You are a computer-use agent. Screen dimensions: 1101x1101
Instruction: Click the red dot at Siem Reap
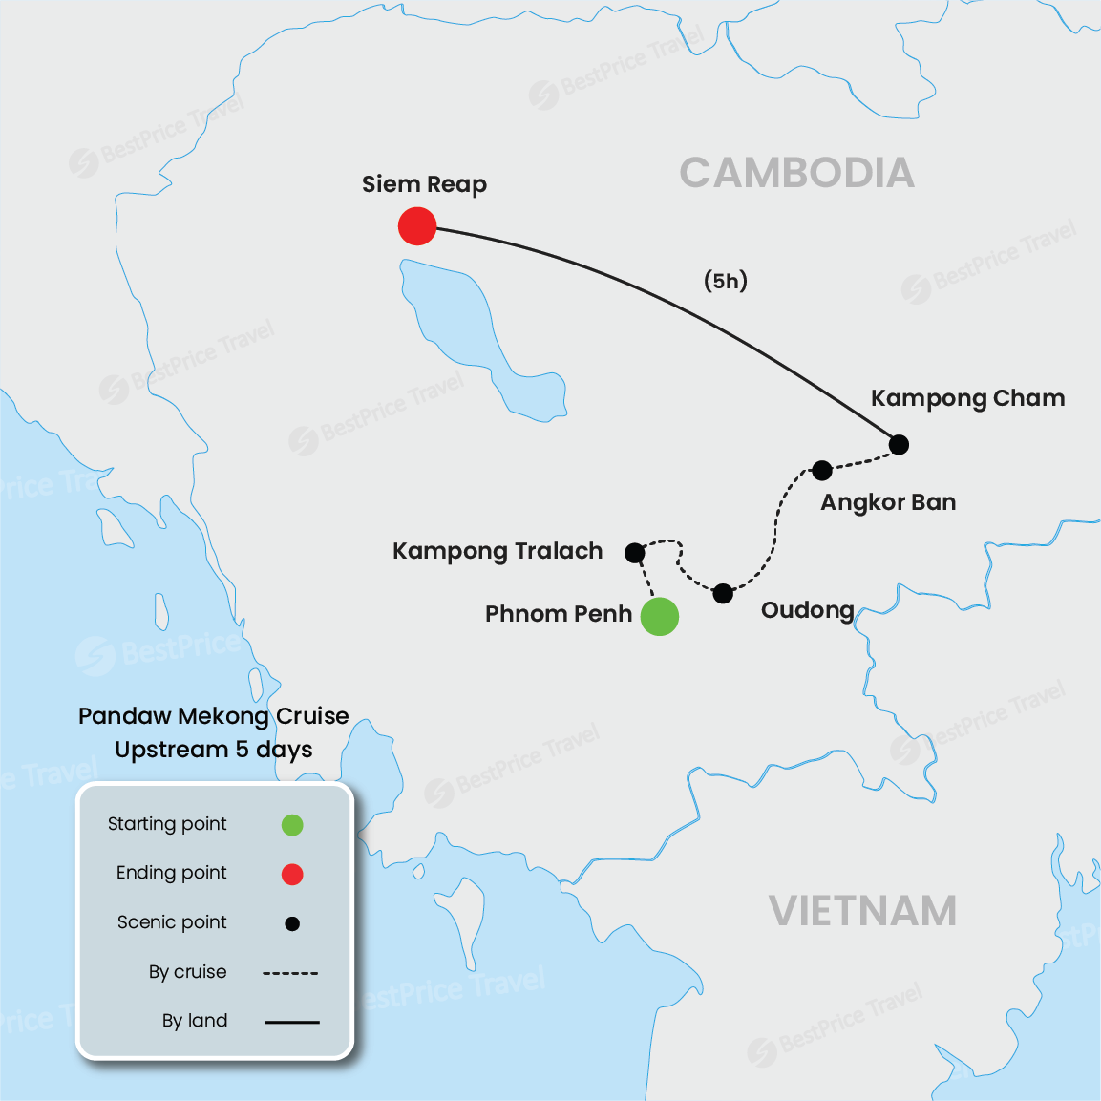click(417, 226)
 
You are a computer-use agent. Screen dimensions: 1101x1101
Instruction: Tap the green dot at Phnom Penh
click(659, 616)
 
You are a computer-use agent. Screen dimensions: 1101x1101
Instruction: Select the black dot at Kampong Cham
click(899, 444)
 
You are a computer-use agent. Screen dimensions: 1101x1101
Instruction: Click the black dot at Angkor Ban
click(822, 470)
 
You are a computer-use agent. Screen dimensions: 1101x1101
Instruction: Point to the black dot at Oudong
click(723, 594)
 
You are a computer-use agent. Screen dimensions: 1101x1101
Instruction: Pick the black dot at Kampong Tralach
click(634, 553)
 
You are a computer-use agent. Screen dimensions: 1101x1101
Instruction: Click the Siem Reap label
click(424, 184)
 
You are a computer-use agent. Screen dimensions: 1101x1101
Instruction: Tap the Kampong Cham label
click(967, 398)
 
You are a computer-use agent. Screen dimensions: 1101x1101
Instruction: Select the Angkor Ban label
click(888, 502)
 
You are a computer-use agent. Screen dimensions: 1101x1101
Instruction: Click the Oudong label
click(807, 610)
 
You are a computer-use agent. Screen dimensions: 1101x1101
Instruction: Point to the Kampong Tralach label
click(498, 551)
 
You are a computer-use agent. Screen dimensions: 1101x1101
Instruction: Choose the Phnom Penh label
click(559, 614)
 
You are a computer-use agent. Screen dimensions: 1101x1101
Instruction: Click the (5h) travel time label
click(726, 281)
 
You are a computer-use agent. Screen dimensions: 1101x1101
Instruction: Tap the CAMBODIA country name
click(796, 174)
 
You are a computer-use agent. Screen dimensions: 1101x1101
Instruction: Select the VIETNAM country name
click(862, 911)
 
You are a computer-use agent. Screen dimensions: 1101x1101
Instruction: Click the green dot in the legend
click(292, 825)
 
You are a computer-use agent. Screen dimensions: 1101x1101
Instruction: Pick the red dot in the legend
click(292, 874)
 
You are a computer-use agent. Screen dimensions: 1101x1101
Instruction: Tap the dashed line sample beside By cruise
click(290, 973)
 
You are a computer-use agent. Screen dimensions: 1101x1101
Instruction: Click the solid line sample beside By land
click(291, 1022)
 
